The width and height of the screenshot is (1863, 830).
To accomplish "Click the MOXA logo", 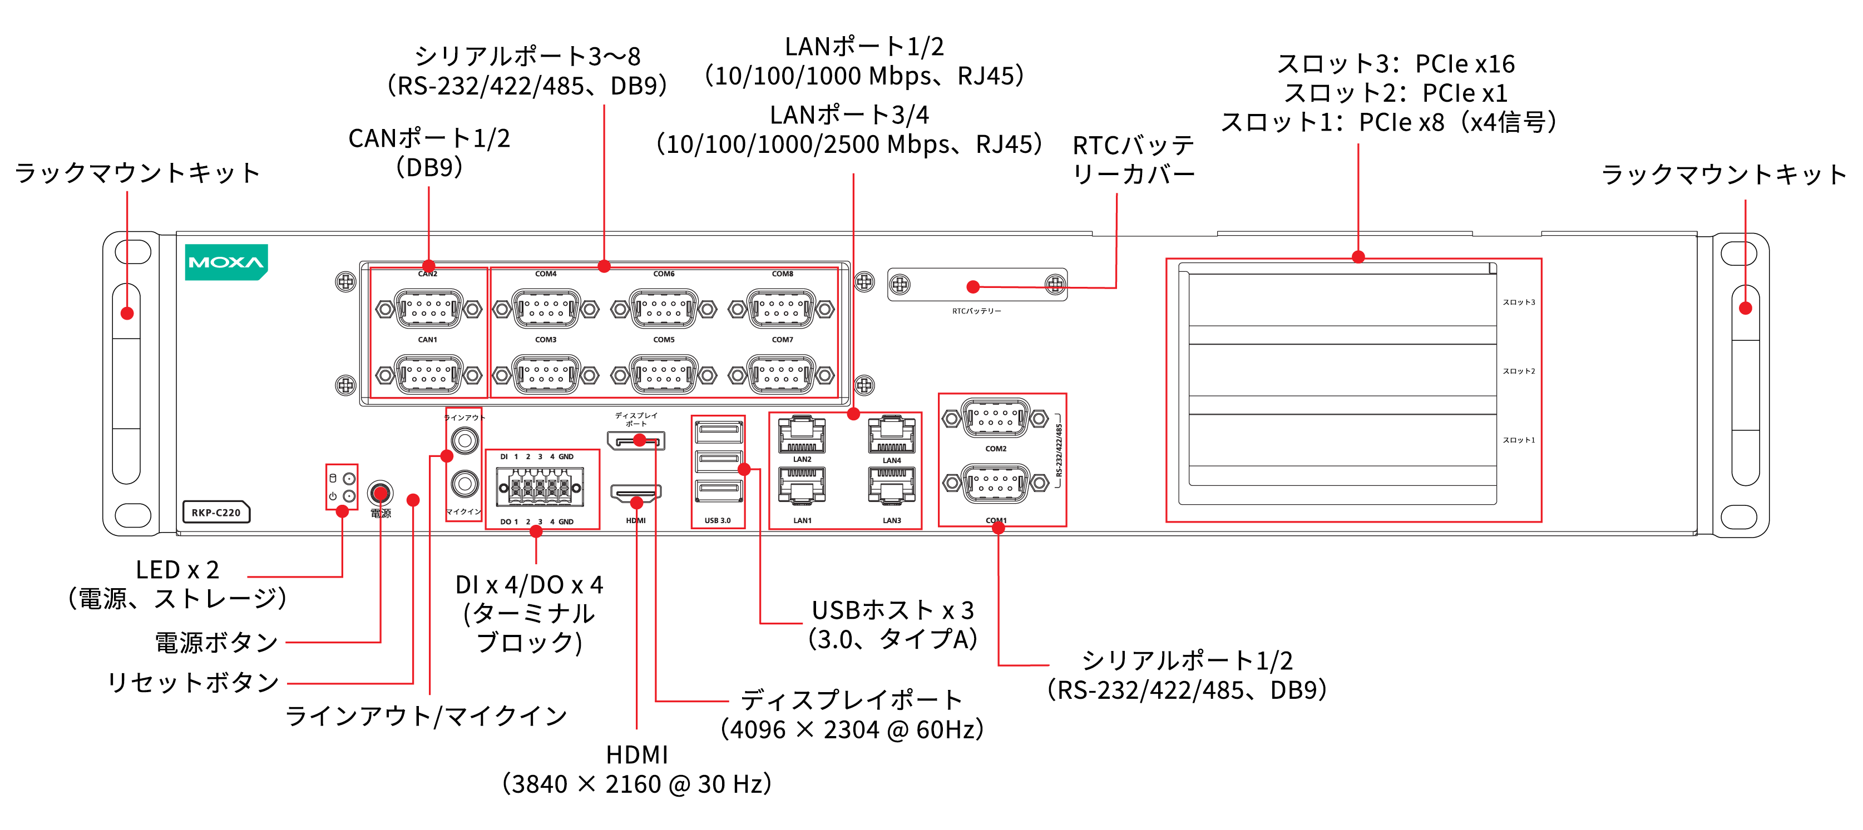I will coord(226,262).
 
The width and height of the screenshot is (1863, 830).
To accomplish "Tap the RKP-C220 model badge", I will coord(215,513).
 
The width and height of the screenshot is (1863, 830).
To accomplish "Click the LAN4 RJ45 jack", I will coord(891,435).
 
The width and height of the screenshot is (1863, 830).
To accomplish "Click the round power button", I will coord(380,493).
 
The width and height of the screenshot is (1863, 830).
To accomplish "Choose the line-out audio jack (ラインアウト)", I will coord(464,440).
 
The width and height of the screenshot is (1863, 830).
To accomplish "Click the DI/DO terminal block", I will coord(540,488).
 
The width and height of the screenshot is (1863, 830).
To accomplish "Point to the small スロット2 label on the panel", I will coord(1518,371).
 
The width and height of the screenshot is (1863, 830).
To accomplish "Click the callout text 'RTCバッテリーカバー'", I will coord(1133,160).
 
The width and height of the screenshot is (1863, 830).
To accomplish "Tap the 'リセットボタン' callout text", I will coord(193,682).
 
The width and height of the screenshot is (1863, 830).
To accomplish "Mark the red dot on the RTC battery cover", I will coord(973,287).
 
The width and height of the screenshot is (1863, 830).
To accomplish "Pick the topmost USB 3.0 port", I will coord(718,431).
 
